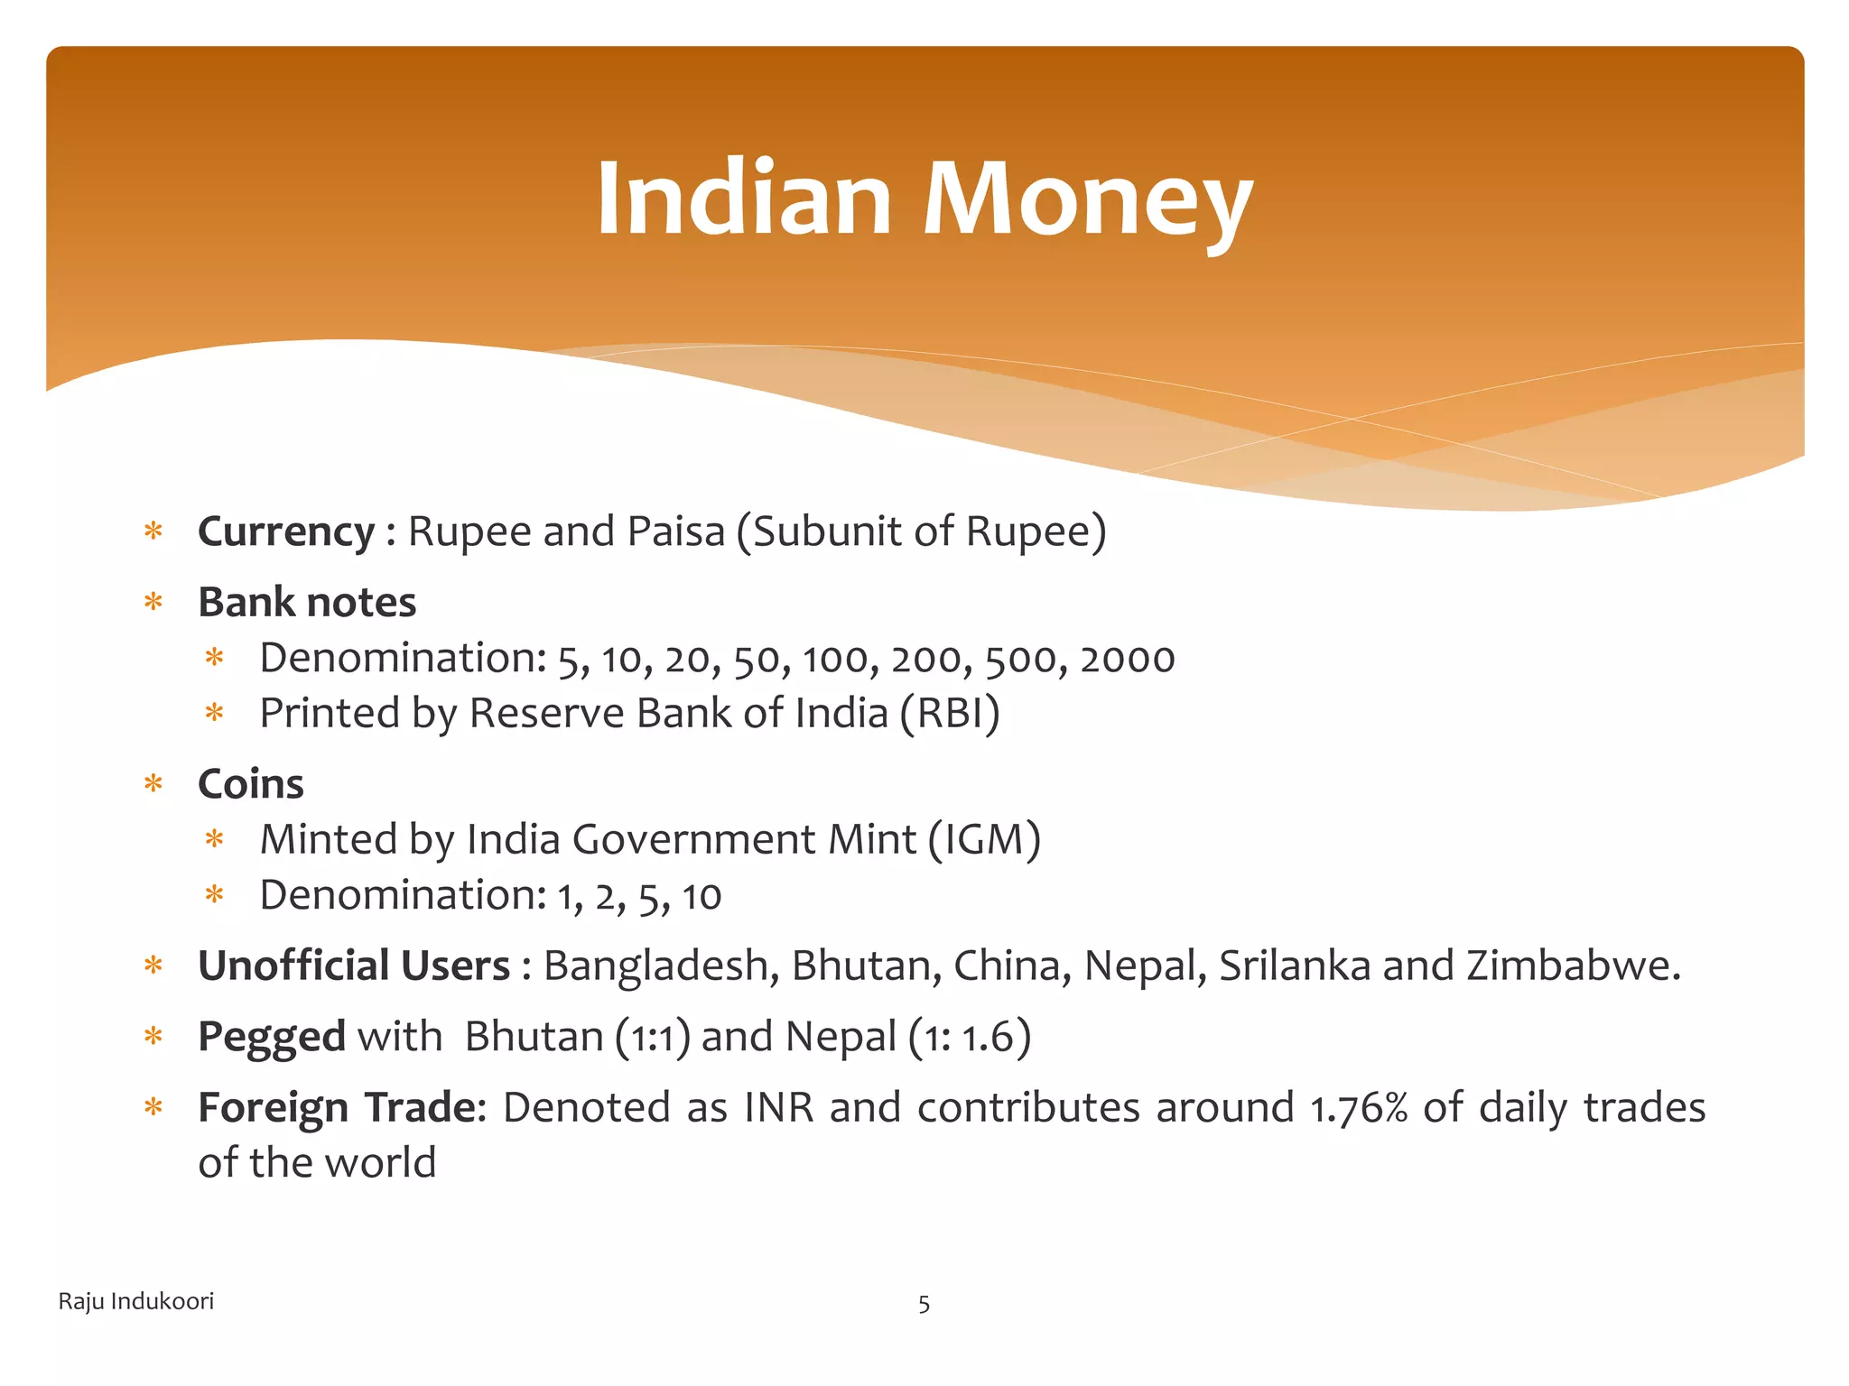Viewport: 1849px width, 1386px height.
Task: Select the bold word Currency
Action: tap(285, 531)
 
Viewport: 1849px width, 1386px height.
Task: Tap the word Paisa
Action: tap(676, 531)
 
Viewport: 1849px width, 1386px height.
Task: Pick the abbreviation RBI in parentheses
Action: tap(949, 714)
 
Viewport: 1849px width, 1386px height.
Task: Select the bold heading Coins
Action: tap(251, 784)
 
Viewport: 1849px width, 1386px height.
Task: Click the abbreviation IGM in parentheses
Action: tap(984, 840)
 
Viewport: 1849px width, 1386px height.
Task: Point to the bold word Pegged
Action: tap(271, 1037)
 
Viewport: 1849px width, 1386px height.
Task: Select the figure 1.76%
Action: tap(1358, 1108)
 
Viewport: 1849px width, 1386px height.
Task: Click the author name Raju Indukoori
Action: tap(136, 1301)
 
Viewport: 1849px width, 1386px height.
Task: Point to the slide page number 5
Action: tap(924, 1304)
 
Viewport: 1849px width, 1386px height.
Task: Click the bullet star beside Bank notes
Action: tap(153, 602)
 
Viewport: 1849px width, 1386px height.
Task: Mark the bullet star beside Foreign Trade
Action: tap(153, 1107)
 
